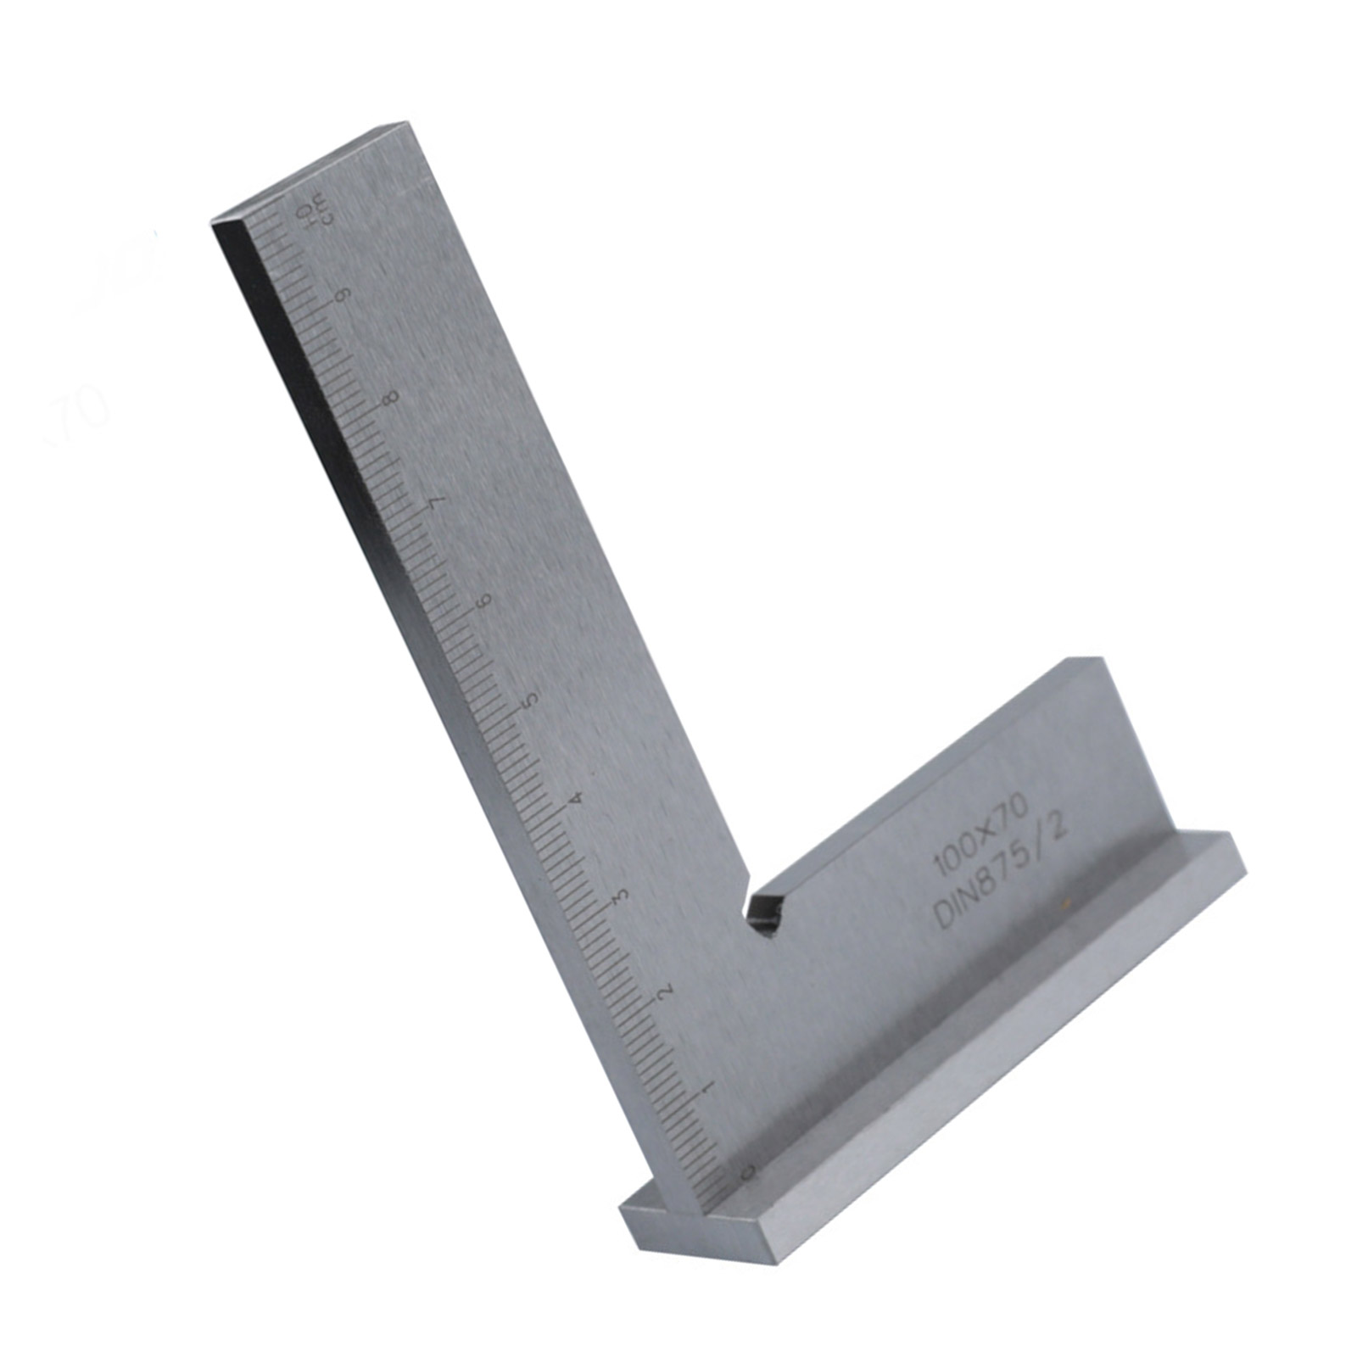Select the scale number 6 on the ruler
pos(485,600)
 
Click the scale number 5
pos(532,701)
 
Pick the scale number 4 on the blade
pos(578,799)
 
